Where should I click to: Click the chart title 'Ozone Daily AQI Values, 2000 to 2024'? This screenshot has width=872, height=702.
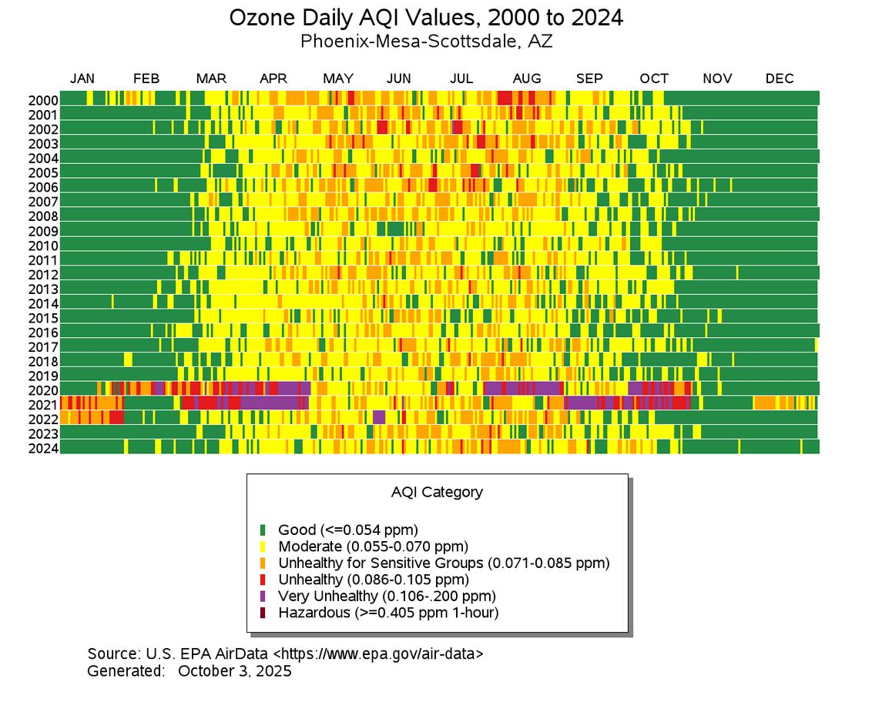click(x=426, y=17)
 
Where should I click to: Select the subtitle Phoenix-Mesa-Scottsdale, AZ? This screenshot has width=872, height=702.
click(x=426, y=41)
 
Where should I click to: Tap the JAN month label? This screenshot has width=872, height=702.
click(x=82, y=79)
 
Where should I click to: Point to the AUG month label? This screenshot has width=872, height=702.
click(x=527, y=79)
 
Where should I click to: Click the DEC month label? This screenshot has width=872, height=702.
click(x=779, y=79)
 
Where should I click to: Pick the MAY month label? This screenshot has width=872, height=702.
click(x=338, y=79)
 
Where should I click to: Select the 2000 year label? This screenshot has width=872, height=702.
click(x=43, y=100)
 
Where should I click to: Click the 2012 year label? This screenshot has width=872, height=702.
click(x=43, y=274)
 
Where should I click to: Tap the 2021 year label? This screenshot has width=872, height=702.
click(x=43, y=405)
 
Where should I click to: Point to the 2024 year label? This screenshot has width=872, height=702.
click(x=43, y=448)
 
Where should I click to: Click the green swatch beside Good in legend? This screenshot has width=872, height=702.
click(x=263, y=530)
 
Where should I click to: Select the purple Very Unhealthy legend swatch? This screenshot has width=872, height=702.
click(x=263, y=597)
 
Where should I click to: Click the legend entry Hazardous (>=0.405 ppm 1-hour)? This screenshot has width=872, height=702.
click(x=388, y=613)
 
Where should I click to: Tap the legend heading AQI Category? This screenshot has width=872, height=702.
click(x=436, y=492)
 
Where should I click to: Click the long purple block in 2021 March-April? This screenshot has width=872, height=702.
click(x=274, y=403)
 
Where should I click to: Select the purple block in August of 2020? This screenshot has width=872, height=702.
click(x=522, y=388)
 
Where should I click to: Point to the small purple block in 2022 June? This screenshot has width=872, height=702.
click(x=378, y=417)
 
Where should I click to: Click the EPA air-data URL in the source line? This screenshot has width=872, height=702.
click(x=378, y=654)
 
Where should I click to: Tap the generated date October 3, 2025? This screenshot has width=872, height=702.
click(x=235, y=670)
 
